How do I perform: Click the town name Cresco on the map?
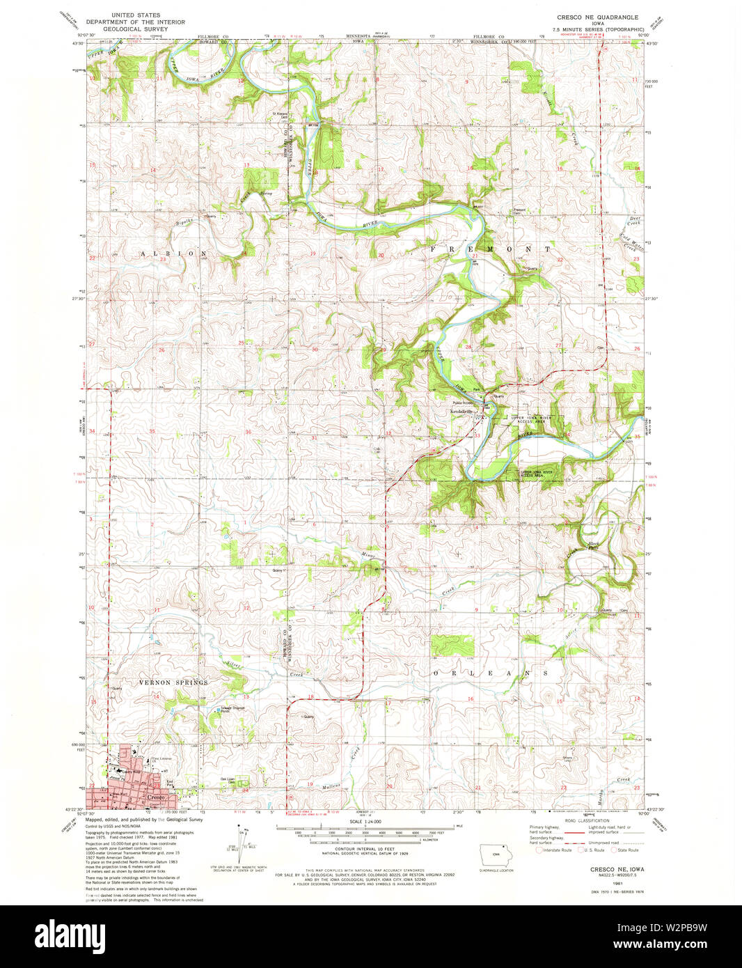pos(156,797)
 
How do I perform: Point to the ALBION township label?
pos(174,253)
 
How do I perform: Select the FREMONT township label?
pos(490,249)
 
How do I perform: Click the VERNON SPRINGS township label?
pos(173,682)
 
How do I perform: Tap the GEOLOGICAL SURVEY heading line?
pos(136,30)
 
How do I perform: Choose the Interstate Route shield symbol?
pos(539,850)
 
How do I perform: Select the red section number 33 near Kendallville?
pos(477,436)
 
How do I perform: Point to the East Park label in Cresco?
pos(170,783)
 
